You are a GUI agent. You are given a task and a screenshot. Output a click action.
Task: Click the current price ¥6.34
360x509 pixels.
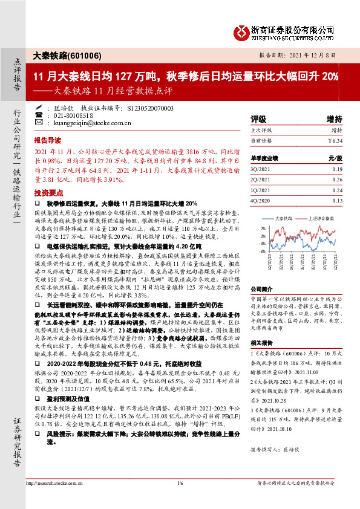335,140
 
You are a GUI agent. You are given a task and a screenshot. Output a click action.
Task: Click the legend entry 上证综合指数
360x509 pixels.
319,218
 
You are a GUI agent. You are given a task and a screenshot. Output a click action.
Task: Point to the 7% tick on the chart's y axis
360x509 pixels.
263,228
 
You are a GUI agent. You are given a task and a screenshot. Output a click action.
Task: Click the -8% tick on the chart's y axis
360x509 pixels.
262,250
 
